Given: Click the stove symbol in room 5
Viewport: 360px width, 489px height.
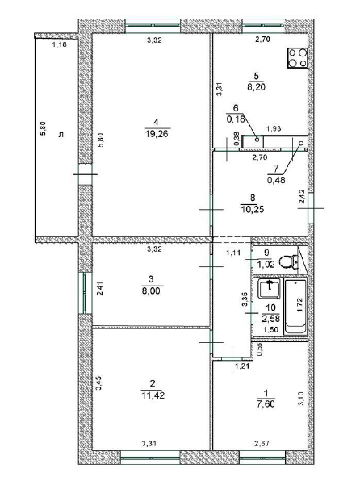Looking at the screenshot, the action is coord(297,57).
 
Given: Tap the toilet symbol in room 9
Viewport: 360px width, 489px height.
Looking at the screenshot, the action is coord(287,262).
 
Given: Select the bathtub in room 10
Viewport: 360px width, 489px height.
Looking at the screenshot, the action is coord(295,307).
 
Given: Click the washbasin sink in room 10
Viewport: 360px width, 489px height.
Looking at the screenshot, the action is coord(269,288).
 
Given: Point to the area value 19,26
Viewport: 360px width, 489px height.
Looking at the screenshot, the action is coord(157,134).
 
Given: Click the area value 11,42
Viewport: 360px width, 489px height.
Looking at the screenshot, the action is coord(153,395).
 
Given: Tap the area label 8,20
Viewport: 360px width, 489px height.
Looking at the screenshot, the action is coord(256,87).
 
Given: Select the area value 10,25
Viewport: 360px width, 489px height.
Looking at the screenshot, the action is coord(253,209).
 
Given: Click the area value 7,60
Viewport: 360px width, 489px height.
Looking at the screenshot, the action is coord(266,404).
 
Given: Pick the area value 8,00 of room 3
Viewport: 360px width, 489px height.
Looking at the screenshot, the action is coord(151,291).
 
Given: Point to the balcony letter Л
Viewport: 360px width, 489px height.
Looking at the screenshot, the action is coord(61,135).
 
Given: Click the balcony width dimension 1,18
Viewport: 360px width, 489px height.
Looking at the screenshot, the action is coord(60,44).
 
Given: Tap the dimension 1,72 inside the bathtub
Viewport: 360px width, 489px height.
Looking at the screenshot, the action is coord(299,305).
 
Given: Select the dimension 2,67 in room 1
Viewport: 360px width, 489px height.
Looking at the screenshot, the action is coord(262,443).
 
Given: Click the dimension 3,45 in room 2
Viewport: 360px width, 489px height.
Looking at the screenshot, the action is coord(98,382).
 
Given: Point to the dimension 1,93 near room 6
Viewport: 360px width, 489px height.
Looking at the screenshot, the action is coord(274,128).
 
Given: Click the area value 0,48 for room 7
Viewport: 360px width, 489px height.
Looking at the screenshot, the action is coord(276,180).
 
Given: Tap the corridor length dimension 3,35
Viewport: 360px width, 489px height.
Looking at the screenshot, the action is coord(245,299).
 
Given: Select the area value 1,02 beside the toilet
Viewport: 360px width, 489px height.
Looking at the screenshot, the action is coord(266,265).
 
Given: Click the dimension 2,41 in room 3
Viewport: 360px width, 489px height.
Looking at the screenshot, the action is coord(99,288).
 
